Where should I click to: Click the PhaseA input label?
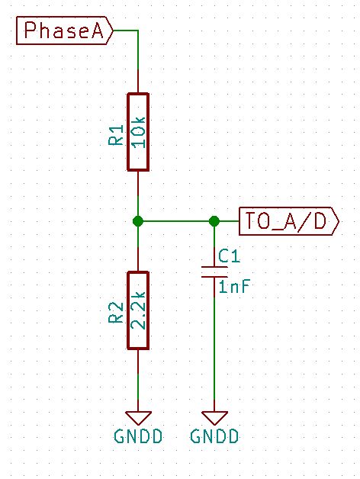tap(64, 31)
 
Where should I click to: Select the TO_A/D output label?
tap(288, 221)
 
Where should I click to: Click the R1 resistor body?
tap(137, 132)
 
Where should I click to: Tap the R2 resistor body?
tap(137, 310)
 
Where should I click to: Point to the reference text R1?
tap(116, 137)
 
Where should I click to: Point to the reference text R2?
tap(116, 313)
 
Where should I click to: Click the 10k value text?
tap(138, 132)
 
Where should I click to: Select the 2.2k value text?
tap(138, 310)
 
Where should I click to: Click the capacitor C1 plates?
tap(214, 272)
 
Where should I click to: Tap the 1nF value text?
tap(234, 288)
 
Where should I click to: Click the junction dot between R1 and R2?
tap(137, 221)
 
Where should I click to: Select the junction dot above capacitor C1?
tap(214, 221)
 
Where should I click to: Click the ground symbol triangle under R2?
tap(137, 417)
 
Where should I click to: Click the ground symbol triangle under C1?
tap(214, 417)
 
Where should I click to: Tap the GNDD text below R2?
tap(137, 437)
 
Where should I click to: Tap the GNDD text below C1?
tap(214, 437)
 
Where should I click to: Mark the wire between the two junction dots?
tap(175, 221)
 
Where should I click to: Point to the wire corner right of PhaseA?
tap(137, 31)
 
